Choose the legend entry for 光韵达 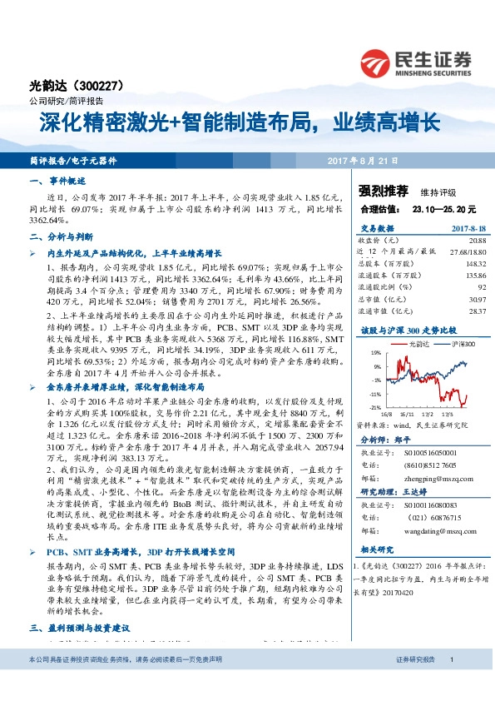[420, 343]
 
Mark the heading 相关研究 [379, 549]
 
